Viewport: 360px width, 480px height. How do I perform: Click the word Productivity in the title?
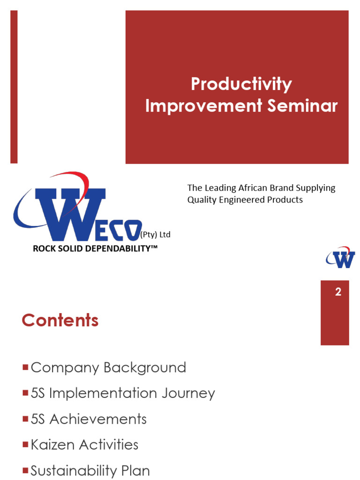click(x=241, y=85)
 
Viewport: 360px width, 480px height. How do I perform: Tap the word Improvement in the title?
click(x=204, y=106)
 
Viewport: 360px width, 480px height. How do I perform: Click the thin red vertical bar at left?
click(x=14, y=87)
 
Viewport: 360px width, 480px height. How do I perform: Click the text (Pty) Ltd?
click(x=155, y=235)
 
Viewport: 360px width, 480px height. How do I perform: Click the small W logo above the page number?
click(x=341, y=257)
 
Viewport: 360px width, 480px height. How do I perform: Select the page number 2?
click(x=338, y=292)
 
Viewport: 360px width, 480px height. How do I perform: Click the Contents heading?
click(x=60, y=321)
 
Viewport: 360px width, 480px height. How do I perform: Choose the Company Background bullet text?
click(x=108, y=367)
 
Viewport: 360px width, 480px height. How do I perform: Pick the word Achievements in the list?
click(x=98, y=419)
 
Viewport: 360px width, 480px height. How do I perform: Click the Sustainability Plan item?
click(x=90, y=470)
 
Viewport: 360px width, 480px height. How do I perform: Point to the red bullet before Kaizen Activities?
click(x=25, y=444)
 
